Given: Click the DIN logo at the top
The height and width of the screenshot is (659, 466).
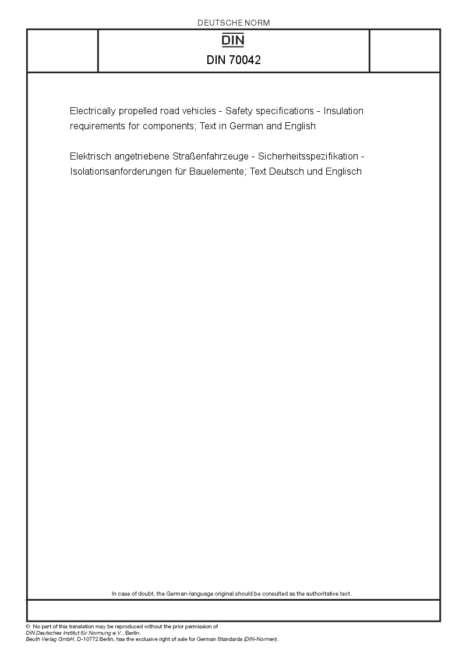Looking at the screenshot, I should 234,40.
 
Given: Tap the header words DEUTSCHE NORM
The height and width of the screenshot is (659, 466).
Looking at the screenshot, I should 234,23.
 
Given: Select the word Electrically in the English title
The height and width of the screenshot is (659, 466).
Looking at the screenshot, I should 91,111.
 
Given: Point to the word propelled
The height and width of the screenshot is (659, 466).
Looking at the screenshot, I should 138,111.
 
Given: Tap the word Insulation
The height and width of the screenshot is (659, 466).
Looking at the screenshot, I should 344,111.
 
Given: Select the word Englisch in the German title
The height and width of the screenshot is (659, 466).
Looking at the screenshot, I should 344,172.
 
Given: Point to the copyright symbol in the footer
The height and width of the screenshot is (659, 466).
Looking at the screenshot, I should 28,626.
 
